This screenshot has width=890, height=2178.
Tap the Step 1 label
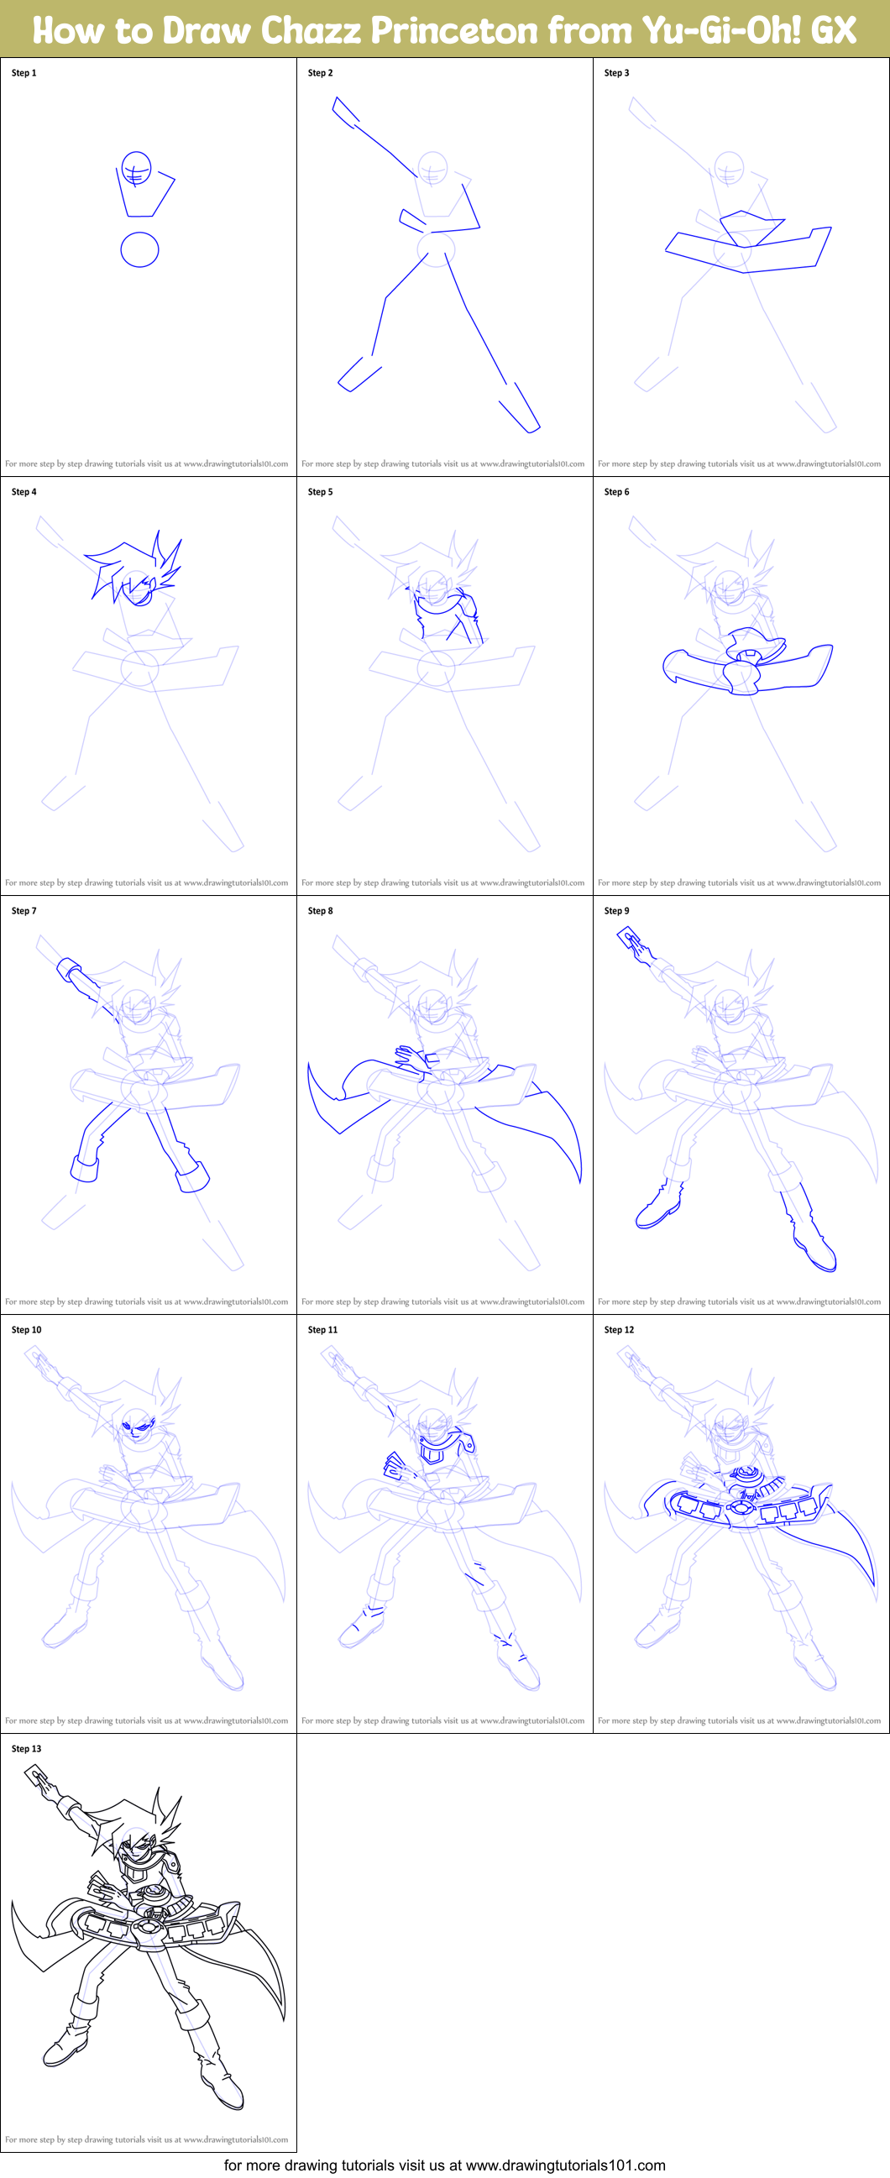(x=24, y=73)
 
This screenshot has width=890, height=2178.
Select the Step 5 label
(x=321, y=491)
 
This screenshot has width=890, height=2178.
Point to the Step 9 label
(x=616, y=911)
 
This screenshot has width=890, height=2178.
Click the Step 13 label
(x=26, y=1748)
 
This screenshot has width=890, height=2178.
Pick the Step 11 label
(x=322, y=1330)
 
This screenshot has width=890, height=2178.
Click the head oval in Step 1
(x=136, y=168)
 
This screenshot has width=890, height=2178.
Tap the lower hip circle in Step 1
(x=139, y=249)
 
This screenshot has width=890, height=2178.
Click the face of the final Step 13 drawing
(x=135, y=1851)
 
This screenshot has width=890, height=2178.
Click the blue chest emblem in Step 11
(x=432, y=1453)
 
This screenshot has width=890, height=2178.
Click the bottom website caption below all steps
(x=444, y=2165)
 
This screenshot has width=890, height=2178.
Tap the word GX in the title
(x=833, y=30)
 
